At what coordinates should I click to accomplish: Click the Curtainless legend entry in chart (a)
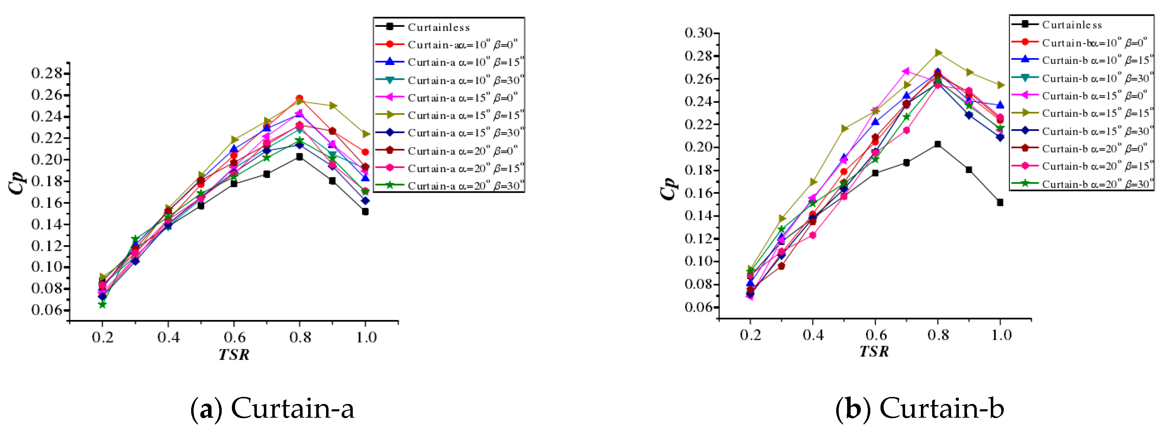438,27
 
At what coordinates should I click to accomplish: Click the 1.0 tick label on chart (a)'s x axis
366,338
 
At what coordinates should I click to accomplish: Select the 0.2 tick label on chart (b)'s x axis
750,335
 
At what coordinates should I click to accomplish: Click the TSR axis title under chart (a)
234,354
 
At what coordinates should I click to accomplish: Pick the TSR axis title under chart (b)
874,352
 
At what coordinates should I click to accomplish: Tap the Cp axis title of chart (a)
17,183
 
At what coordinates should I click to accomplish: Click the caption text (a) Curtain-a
273,408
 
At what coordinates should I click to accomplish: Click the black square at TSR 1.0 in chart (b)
1000,203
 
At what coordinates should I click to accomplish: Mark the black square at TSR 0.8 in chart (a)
299,157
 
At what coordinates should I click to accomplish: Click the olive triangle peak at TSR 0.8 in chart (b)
938,53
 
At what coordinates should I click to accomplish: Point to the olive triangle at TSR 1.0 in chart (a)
366,134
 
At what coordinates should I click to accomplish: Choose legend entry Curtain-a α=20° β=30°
465,186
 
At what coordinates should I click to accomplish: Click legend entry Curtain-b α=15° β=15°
1097,113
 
